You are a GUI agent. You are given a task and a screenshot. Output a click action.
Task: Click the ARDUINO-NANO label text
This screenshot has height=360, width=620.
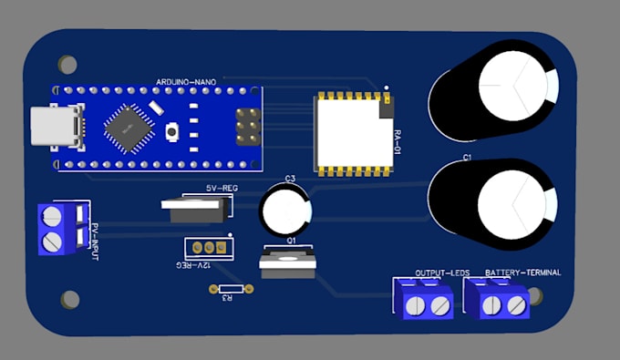tap(186, 82)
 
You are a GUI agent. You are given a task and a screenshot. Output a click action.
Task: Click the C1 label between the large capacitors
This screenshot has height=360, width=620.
tap(467, 158)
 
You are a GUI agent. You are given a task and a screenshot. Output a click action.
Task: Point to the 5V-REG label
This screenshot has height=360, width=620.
tap(211, 187)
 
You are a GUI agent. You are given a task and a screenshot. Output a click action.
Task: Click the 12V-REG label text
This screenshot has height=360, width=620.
tap(192, 263)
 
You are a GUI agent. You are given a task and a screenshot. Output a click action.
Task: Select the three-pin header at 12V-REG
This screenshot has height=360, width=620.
tap(209, 247)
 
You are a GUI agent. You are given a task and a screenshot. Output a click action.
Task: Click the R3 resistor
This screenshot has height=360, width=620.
tap(229, 291)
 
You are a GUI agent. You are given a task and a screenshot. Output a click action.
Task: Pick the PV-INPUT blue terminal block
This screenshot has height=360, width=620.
tap(55, 228)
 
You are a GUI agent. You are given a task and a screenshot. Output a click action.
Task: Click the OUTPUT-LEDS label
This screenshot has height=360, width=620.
tap(442, 273)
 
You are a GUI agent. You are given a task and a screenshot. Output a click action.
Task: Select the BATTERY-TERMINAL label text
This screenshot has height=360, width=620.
tap(522, 273)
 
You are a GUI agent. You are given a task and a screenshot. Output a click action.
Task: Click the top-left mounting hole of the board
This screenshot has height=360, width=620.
tap(67, 65)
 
